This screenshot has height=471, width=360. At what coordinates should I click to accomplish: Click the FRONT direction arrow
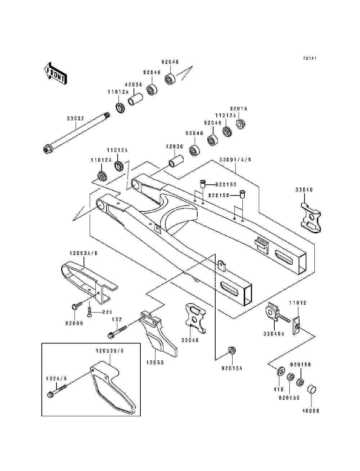click(55, 73)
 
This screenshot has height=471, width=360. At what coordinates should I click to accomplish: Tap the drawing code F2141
click(310, 58)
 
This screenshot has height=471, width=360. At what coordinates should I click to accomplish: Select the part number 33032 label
click(76, 118)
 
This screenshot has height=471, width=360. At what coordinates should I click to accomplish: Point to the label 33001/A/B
click(235, 160)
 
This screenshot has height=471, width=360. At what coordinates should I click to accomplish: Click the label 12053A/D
click(84, 253)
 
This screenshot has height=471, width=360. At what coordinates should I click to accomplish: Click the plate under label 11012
click(297, 327)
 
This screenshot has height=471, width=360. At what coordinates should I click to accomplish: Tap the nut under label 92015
click(240, 124)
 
